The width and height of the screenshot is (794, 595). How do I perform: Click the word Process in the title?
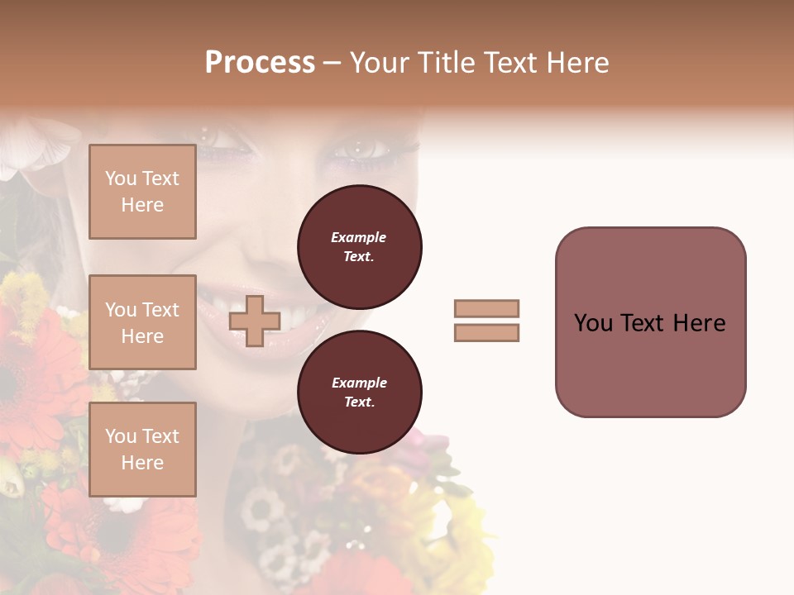coord(260,63)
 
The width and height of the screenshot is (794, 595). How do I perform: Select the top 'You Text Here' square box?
coord(142,192)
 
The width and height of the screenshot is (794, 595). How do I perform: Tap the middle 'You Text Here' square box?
coord(142,322)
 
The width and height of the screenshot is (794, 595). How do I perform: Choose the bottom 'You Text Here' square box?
coord(142,450)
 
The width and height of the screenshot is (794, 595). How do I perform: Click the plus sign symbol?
coord(255,321)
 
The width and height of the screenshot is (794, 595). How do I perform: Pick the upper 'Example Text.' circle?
coord(359,247)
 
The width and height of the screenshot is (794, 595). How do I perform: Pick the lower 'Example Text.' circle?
coord(359,393)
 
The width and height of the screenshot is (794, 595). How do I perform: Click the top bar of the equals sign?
coord(486,309)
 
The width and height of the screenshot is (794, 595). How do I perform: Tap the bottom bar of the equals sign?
coord(486,333)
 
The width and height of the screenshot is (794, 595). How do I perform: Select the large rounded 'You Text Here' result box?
coord(650,322)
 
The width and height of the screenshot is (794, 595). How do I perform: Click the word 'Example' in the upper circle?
coord(359,237)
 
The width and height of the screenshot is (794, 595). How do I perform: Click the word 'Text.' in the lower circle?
coord(359,402)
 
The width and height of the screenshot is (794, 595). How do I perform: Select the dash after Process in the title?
coord(332,63)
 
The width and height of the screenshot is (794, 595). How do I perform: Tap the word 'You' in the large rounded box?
coord(593,323)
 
